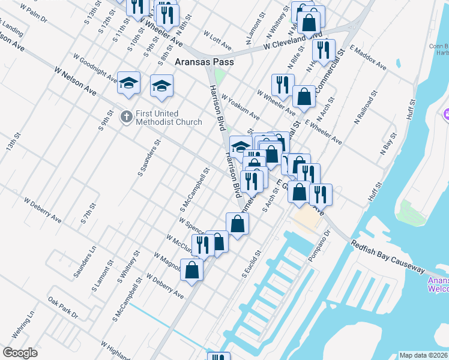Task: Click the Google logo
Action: point(20,353)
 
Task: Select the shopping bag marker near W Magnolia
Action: point(191,269)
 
